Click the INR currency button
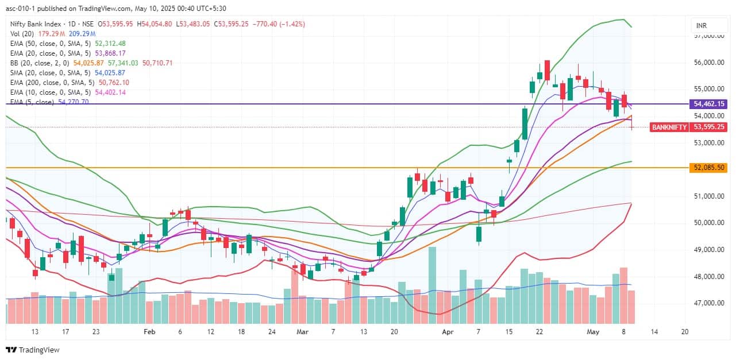[x=701, y=26]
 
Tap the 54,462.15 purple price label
[x=710, y=104]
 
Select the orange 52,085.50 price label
[x=710, y=168]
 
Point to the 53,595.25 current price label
[x=710, y=127]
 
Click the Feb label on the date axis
[x=150, y=331]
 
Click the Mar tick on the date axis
[x=302, y=331]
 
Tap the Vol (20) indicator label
[x=23, y=33]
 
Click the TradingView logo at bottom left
[x=33, y=350]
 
